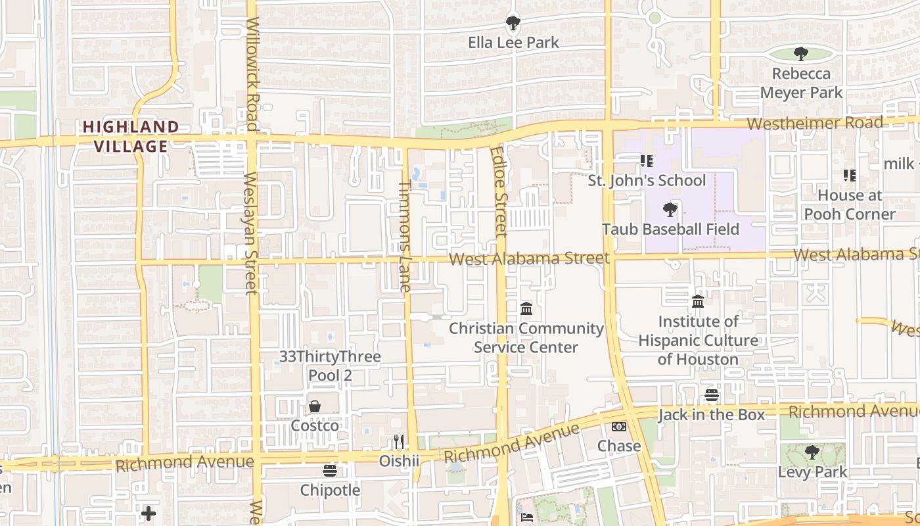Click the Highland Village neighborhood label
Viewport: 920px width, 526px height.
coord(131,136)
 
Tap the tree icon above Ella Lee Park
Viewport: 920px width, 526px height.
coord(513,23)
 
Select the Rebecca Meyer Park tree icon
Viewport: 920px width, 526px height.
coord(800,54)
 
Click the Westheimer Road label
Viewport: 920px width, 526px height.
coord(815,124)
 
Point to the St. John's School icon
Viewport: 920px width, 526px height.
coord(646,160)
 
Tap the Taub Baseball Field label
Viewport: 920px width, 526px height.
coord(671,229)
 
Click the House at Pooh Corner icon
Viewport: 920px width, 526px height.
coord(850,176)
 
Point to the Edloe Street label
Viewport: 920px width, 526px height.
coord(499,191)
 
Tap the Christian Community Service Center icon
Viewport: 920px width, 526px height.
coord(526,308)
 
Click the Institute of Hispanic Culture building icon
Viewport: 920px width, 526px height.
coord(698,302)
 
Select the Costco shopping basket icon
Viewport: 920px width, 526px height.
coord(315,406)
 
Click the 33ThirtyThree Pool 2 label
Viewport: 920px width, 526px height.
coord(330,366)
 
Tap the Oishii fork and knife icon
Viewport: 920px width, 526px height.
coord(399,441)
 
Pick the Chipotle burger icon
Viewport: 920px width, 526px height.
coord(330,471)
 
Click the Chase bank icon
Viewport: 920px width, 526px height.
coord(619,427)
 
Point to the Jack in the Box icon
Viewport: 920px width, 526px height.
coord(712,395)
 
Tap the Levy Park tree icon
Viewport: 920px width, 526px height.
coord(812,452)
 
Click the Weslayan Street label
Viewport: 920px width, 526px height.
coord(250,233)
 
